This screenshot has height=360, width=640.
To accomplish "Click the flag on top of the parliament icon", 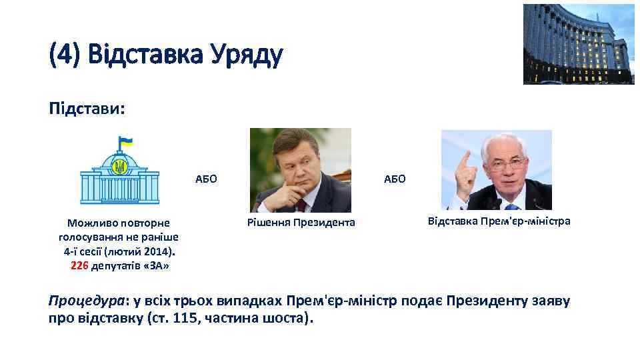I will [125, 142].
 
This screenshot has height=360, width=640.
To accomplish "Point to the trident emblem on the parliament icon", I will [120, 167].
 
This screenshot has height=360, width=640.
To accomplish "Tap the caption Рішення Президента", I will [301, 222].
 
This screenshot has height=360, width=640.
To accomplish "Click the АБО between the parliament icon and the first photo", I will [206, 179].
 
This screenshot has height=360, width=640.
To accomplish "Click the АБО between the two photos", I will [395, 179].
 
